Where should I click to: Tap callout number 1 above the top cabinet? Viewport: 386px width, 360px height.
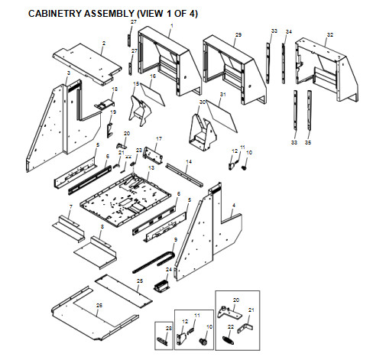tap(171, 26)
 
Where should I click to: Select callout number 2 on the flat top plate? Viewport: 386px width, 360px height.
tap(103, 44)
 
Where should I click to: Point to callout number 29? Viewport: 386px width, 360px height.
tap(238, 35)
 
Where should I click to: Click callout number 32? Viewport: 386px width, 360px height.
tap(330, 35)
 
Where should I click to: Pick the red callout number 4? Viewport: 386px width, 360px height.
tap(233, 205)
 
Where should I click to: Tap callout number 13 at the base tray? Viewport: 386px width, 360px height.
tap(151, 167)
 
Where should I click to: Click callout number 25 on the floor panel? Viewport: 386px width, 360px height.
tap(139, 281)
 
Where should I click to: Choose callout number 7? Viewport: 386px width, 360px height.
tap(70, 207)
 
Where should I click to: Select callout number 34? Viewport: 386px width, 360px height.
tap(288, 31)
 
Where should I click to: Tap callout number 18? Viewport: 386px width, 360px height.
tap(115, 89)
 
